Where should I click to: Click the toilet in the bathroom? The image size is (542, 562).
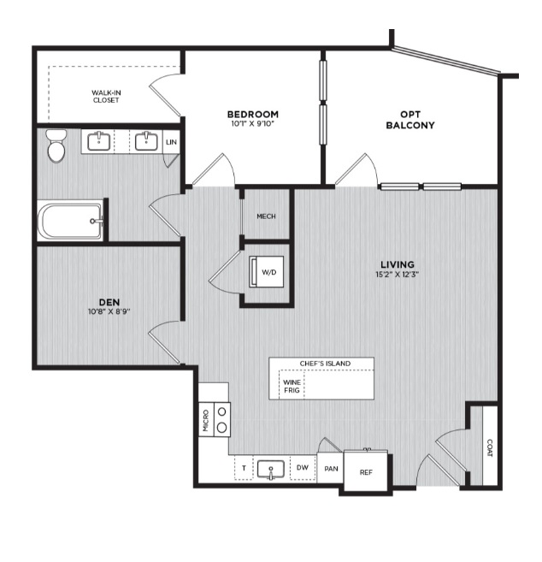56,146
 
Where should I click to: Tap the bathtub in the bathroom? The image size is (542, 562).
71,222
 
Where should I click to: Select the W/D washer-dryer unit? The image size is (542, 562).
267,272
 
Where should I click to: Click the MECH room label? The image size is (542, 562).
266,216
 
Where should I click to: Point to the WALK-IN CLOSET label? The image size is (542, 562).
106,97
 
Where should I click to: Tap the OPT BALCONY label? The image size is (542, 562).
410,120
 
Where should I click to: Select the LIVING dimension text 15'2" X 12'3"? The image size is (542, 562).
398,275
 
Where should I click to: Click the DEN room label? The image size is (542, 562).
109,302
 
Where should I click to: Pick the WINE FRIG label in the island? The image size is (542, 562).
292,386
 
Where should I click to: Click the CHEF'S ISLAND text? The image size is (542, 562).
325,364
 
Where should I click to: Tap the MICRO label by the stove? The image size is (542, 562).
206,420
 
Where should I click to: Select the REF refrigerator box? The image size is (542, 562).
366,470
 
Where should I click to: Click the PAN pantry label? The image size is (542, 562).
331,469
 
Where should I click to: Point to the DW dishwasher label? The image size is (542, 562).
303,467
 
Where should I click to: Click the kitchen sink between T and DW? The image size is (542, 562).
271,470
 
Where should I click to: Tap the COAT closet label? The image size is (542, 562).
490,448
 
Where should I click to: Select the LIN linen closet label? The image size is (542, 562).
171,142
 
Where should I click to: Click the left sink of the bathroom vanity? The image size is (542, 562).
98,141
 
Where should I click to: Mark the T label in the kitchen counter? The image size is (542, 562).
244,468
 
